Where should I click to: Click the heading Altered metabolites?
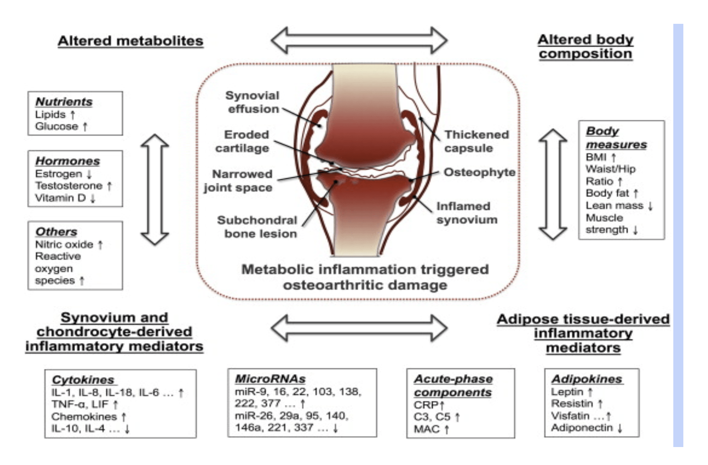pyautogui.click(x=130, y=41)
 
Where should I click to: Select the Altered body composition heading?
pyautogui.click(x=585, y=46)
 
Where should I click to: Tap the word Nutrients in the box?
pyautogui.click(x=64, y=102)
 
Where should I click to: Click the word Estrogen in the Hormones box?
pyautogui.click(x=59, y=174)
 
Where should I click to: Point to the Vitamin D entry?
pyautogui.click(x=60, y=198)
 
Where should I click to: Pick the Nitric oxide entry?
pyautogui.click(x=64, y=244)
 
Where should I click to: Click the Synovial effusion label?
pyautogui.click(x=253, y=102)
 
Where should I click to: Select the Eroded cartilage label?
pyautogui.click(x=242, y=141)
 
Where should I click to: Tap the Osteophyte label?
pyautogui.click(x=479, y=172)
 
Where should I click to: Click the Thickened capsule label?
pyautogui.click(x=476, y=141)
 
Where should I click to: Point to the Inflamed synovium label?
pyautogui.click(x=466, y=213)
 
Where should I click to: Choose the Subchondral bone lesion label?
pyautogui.click(x=257, y=226)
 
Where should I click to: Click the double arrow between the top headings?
pyautogui.click(x=359, y=41)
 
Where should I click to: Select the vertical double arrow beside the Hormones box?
pyautogui.click(x=155, y=189)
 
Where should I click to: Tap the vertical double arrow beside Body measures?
pyautogui.click(x=553, y=184)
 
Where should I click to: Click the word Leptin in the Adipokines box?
pyautogui.click(x=567, y=392)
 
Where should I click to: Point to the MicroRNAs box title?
pyautogui.click(x=270, y=379)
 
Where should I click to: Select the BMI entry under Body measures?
pyautogui.click(x=596, y=157)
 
